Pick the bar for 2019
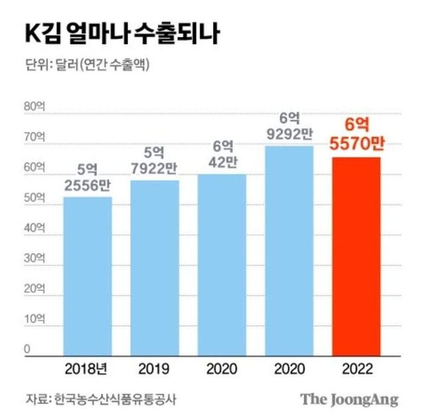[x=155, y=266]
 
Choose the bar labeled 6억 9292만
[x=289, y=249]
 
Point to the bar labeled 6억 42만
[x=222, y=262]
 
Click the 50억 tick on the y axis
[x=34, y=197]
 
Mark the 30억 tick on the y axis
[x=34, y=259]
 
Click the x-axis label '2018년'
[x=88, y=367]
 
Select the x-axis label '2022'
[x=356, y=367]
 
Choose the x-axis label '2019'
[x=155, y=367]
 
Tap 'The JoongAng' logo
[x=349, y=399]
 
